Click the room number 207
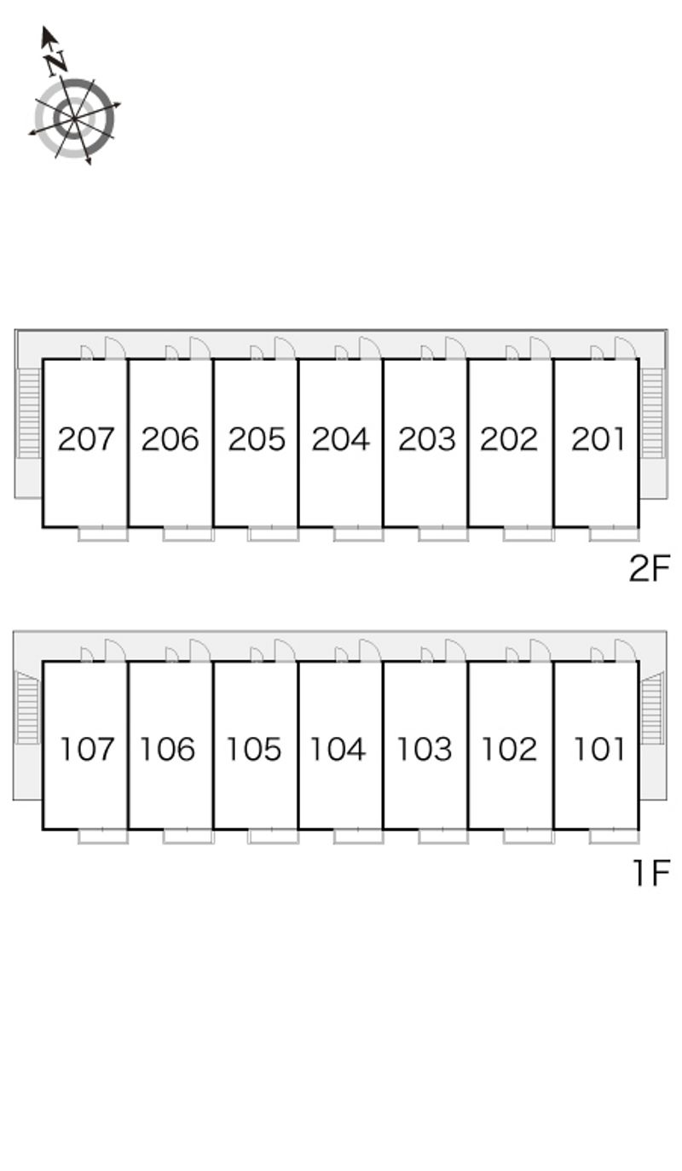[x=85, y=439]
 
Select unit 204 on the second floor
[x=340, y=439]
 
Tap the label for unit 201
[x=598, y=439]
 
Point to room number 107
[x=86, y=750]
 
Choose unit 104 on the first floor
[x=338, y=750]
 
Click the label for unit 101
[x=599, y=750]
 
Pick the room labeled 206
[x=170, y=439]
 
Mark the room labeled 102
[x=509, y=750]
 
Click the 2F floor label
[x=650, y=568]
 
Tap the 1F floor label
[x=651, y=872]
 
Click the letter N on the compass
[x=56, y=62]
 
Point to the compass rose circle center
[x=75, y=118]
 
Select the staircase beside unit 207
[x=29, y=414]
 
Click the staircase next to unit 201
[x=653, y=414]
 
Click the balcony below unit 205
[x=273, y=534]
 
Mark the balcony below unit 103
[x=443, y=836]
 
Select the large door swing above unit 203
[x=455, y=347]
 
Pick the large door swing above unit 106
[x=200, y=650]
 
